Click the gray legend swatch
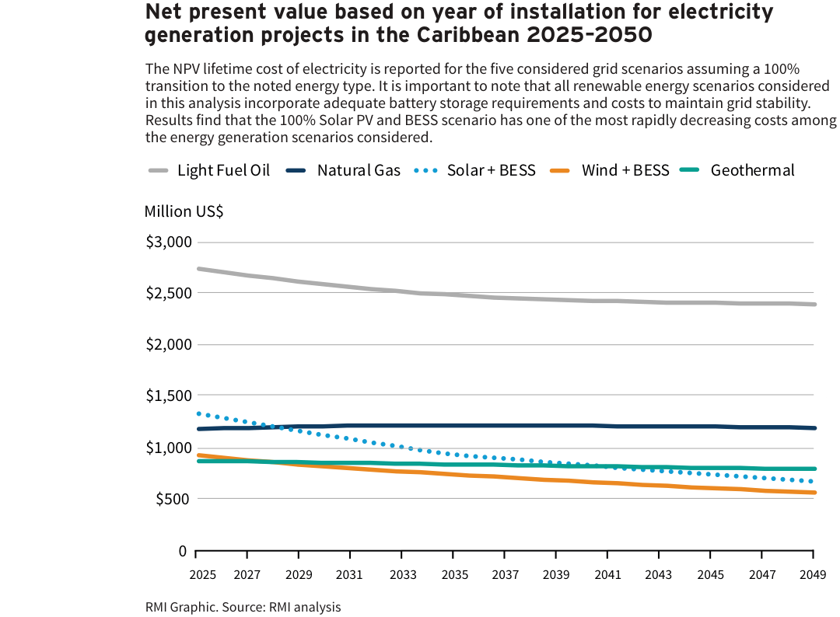158,170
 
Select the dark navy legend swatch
296,170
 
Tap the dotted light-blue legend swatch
425,170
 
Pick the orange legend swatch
559,170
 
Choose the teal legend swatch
689,169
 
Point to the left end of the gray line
198,269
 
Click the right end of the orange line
814,493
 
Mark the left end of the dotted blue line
198,413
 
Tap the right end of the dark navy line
814,427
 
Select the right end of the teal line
814,469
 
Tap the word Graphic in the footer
193,607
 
